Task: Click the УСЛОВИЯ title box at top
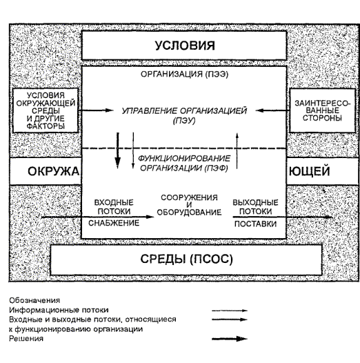pos(184,46)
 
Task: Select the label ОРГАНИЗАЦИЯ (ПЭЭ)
pos(184,75)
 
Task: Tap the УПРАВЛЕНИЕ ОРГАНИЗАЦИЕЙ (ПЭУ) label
pos(184,115)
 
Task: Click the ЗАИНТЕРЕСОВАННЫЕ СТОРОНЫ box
pos(322,110)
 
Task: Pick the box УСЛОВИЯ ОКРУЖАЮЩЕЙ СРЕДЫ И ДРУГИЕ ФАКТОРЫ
pos(46,110)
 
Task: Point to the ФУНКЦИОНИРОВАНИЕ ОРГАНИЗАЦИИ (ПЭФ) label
pos(184,163)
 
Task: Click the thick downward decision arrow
pos(118,150)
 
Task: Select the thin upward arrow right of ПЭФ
pos(237,150)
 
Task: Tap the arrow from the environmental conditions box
pos(96,110)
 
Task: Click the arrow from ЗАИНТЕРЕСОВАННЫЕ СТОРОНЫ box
pos(272,110)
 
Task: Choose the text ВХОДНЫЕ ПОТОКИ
pos(114,207)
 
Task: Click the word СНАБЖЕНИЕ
pos(114,223)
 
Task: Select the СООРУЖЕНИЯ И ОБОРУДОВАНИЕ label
pos(189,205)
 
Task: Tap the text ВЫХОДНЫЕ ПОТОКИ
pos(255,207)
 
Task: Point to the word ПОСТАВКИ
pos(255,224)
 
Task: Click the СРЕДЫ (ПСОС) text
pos(186,259)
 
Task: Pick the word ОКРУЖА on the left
pos(53,172)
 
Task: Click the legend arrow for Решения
pos(230,339)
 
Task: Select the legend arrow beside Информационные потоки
pos(230,311)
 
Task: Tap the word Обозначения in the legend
pos(34,300)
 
